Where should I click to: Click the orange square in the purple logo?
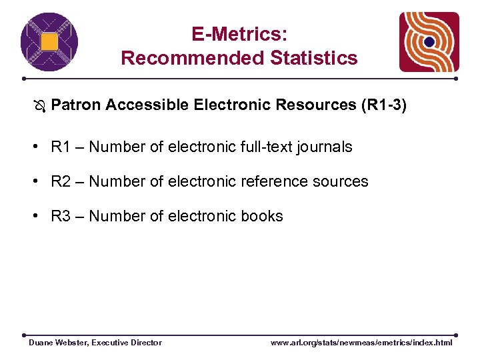click(x=49, y=42)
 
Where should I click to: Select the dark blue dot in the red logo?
click(x=429, y=42)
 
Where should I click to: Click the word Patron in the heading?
click(x=75, y=105)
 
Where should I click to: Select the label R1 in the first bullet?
click(x=61, y=147)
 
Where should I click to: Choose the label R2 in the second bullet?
click(x=61, y=181)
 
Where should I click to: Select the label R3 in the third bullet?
click(x=61, y=216)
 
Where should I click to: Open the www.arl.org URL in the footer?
click(x=361, y=343)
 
